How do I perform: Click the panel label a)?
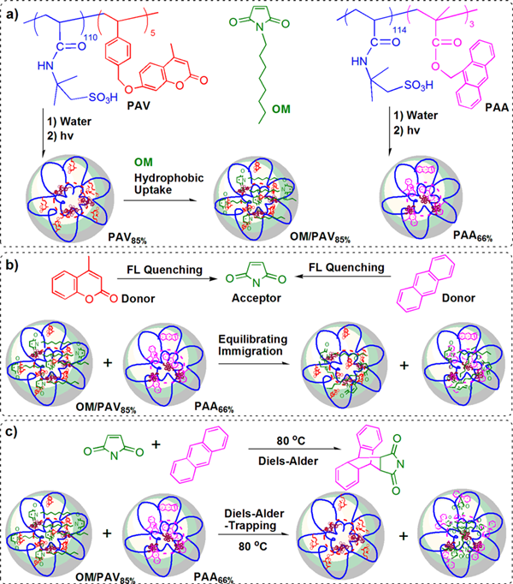click(15, 15)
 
